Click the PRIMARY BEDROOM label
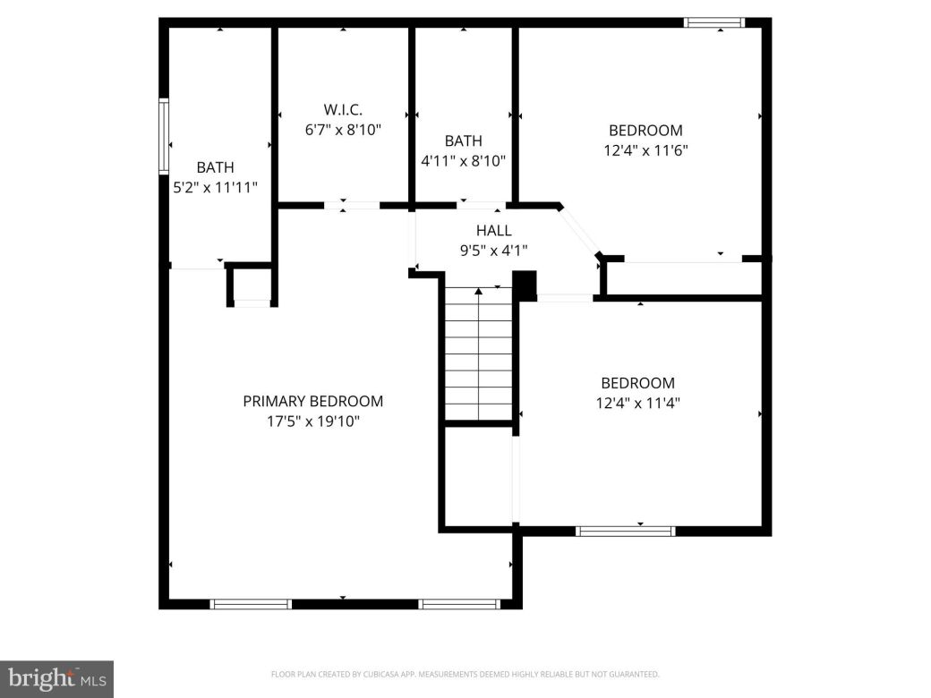(x=312, y=402)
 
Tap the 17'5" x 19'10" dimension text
(x=312, y=421)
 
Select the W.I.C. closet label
(x=343, y=109)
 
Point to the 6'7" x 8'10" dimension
(x=343, y=130)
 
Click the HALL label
(x=493, y=231)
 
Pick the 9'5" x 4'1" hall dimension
(x=493, y=251)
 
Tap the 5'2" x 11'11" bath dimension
(x=215, y=188)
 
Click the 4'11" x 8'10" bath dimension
(x=463, y=161)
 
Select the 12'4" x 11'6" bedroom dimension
(x=645, y=151)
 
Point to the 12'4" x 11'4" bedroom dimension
(x=637, y=403)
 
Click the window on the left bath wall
(x=164, y=135)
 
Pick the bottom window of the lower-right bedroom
(x=625, y=532)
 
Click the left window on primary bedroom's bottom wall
(x=251, y=604)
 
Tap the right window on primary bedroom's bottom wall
(x=459, y=604)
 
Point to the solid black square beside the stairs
(x=525, y=284)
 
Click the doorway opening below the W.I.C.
(x=352, y=206)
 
